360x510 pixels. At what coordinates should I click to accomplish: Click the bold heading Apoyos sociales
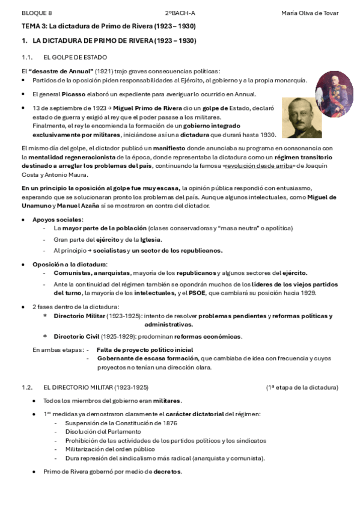click(x=58, y=220)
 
